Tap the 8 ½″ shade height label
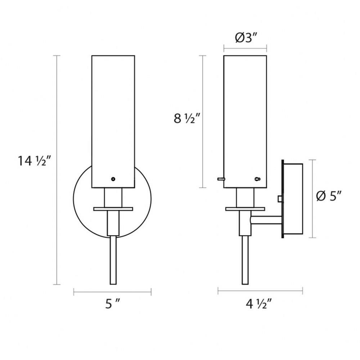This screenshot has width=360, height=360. tap(187, 119)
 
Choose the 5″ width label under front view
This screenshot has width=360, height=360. tap(112, 304)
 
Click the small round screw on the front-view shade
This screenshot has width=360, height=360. tap(113, 179)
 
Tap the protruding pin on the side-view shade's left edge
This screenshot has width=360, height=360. tap(221, 179)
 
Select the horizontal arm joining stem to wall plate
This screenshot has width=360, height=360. tap(266, 220)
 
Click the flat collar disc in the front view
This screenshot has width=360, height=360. tap(113, 209)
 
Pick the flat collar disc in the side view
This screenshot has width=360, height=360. tap(245, 209)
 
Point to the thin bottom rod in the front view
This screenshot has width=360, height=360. tap(113, 260)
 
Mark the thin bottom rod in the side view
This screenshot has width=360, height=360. tap(245, 260)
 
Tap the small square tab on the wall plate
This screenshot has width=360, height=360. tap(280, 199)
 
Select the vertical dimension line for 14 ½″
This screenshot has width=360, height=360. tap(57, 170)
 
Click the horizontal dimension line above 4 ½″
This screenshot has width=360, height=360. tap(260, 291)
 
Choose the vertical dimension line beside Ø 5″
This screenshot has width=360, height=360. tap(312, 199)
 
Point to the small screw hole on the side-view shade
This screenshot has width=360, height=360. tap(257, 179)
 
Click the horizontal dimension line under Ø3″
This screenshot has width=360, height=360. tap(245, 48)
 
